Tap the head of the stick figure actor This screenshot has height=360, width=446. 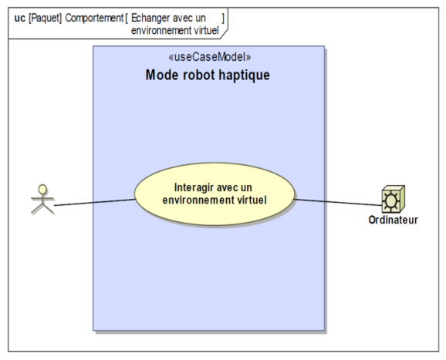[42, 189]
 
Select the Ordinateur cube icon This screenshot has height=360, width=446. [393, 199]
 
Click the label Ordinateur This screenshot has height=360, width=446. [393, 220]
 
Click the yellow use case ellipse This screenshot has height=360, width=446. [215, 194]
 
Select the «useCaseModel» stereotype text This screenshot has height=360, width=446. [210, 57]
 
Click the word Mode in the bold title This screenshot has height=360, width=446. [162, 76]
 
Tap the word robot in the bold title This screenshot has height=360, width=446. [199, 76]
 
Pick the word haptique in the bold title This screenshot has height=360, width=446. [245, 76]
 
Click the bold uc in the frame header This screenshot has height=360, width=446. [19, 19]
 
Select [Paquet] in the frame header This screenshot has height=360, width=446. [45, 19]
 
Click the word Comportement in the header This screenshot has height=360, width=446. [94, 19]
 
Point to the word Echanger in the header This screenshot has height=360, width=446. [150, 19]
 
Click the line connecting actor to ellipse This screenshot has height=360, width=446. [94, 202]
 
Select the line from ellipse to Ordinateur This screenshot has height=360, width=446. [338, 202]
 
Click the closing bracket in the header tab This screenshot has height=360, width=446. [223, 19]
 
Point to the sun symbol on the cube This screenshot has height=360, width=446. [390, 201]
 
